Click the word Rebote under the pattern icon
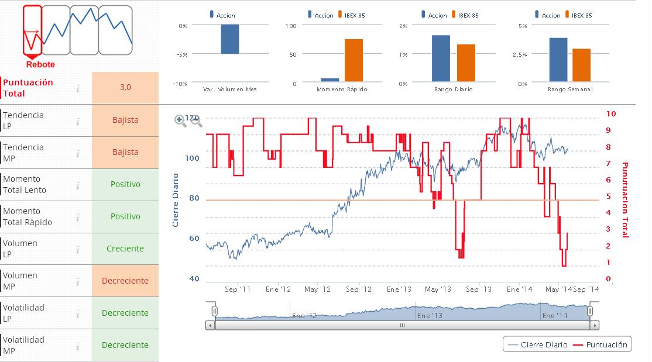pos(40,64)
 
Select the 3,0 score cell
pos(125,88)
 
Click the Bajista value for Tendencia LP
pos(125,120)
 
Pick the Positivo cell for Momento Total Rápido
pos(125,216)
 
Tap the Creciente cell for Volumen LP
pos(125,249)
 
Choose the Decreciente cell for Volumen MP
pos(125,281)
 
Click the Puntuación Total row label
pos(28,88)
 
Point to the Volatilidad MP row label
pos(23,345)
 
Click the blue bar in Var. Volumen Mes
pos(229,39)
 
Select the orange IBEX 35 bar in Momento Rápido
pos(354,60)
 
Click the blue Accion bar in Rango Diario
pos(441,58)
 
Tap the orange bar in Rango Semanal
pos(581,65)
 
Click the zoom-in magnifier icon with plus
pos(180,120)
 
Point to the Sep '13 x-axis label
pos(479,289)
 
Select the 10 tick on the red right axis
pos(611,113)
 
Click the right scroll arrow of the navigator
pos(595,325)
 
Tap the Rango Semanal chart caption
pos(570,89)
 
